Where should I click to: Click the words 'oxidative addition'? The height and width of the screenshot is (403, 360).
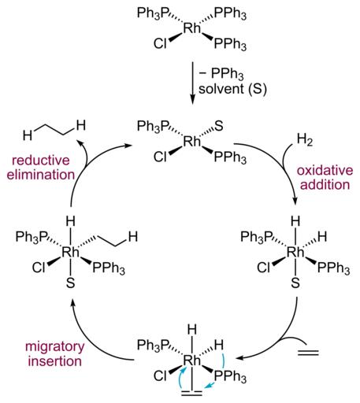tap(325, 178)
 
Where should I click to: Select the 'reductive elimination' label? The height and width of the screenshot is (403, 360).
tap(41, 168)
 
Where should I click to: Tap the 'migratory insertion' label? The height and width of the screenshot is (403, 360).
tap(54, 353)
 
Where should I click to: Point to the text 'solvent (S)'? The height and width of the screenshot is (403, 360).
tap(232, 89)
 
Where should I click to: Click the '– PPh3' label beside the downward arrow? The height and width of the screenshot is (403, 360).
tap(221, 75)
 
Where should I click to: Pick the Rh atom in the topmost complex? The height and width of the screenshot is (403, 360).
tap(191, 28)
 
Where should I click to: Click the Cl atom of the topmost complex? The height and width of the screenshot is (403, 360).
tap(160, 43)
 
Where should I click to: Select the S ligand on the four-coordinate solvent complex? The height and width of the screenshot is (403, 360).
tap(219, 126)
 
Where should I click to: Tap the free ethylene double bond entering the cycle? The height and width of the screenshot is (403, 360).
tap(308, 352)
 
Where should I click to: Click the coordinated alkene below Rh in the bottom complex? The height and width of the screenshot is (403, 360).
tap(192, 393)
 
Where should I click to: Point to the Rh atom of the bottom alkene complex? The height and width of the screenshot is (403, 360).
tap(191, 360)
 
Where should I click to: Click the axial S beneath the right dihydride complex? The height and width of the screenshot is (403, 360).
tap(295, 283)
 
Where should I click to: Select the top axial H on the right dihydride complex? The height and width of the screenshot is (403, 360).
tap(295, 222)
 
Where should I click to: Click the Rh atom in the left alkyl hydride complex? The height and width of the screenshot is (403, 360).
tap(70, 252)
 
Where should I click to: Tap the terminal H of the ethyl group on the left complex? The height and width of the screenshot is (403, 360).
tap(133, 237)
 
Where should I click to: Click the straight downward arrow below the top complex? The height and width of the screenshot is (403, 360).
tap(192, 83)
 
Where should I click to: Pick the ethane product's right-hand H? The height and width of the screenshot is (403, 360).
tap(81, 126)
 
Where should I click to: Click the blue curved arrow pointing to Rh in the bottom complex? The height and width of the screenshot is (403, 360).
tap(181, 378)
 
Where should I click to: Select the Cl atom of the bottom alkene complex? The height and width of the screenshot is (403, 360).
tap(160, 375)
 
